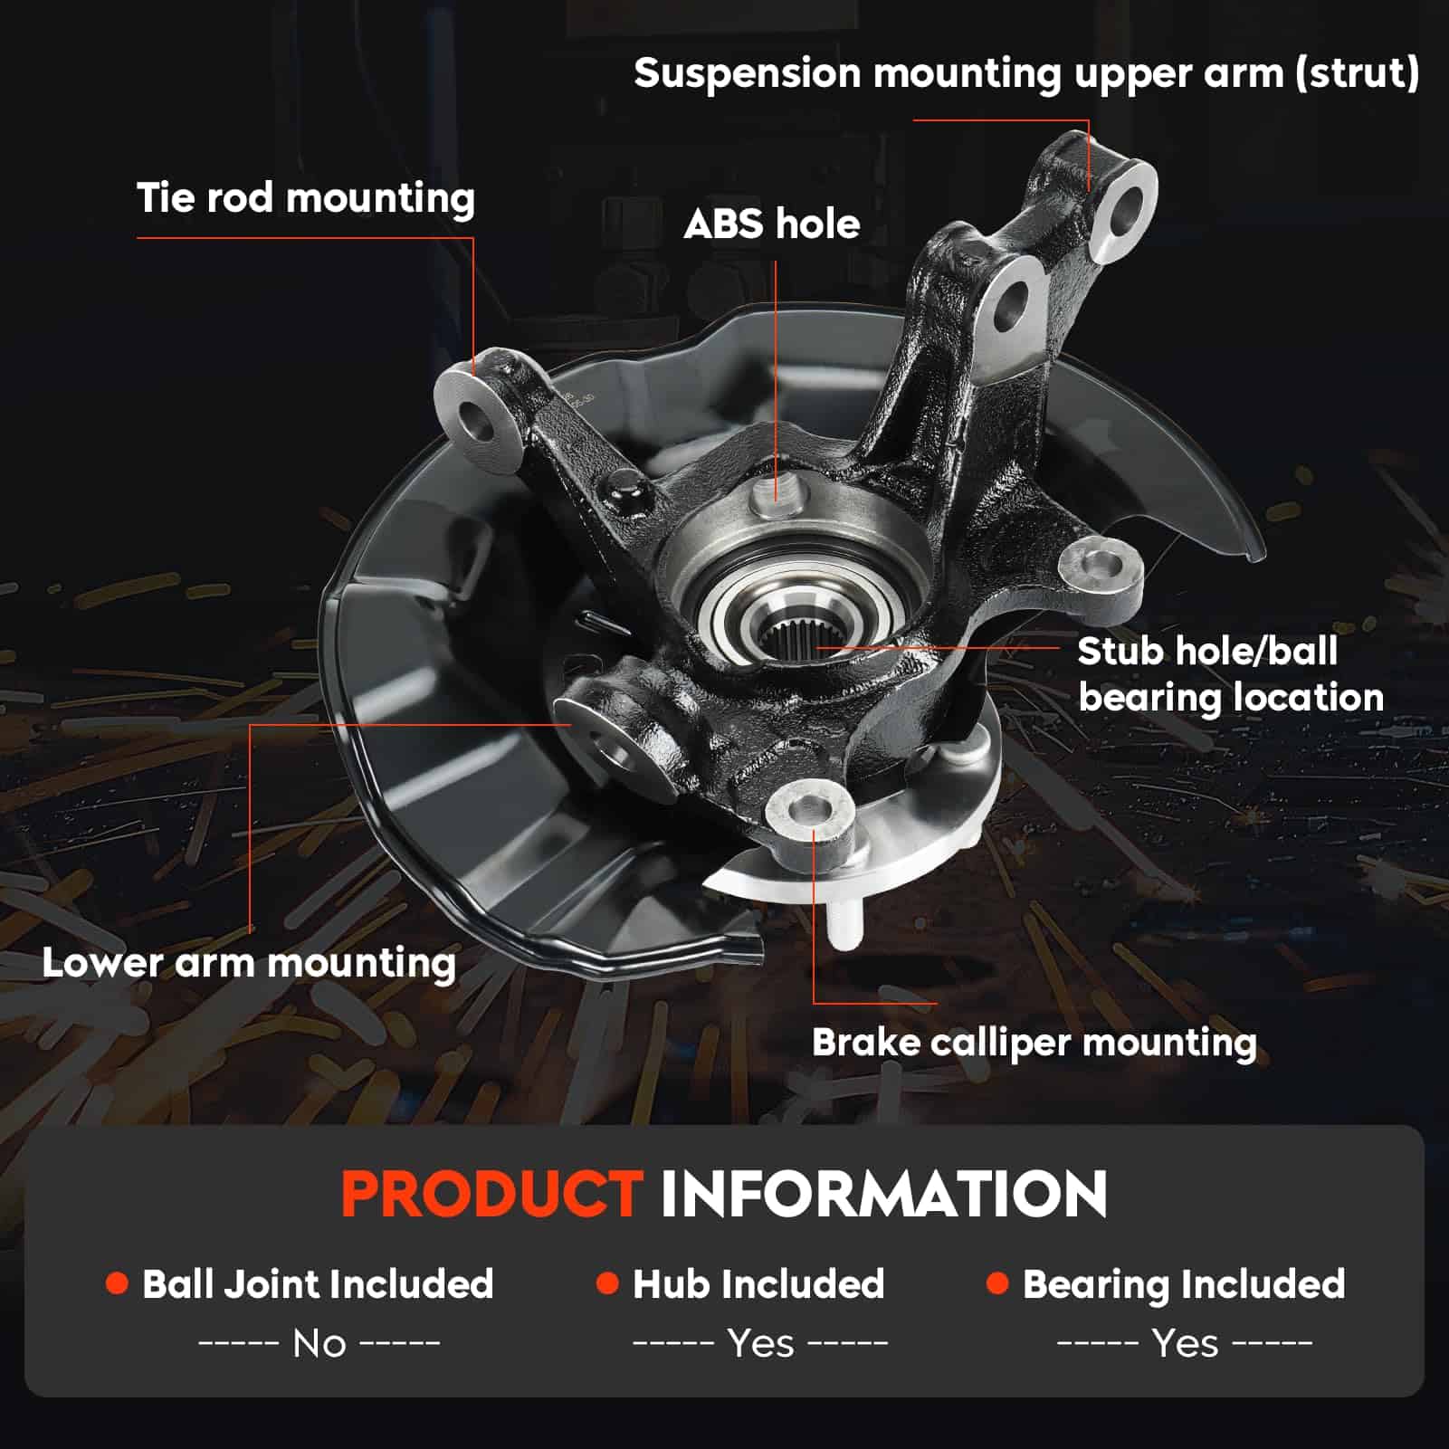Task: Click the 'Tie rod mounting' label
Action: (x=305, y=198)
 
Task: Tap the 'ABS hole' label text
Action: (x=771, y=224)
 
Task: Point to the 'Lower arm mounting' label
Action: (x=248, y=963)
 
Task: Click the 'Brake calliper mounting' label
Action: (x=1034, y=1043)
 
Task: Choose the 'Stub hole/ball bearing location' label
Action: (x=1229, y=674)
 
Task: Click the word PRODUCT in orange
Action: (x=491, y=1194)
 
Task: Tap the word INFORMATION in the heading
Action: (x=883, y=1194)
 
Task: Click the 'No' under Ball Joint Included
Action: (x=319, y=1344)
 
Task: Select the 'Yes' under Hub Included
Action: (x=760, y=1344)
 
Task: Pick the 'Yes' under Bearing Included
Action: (x=1185, y=1344)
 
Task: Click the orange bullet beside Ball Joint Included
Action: (x=117, y=1283)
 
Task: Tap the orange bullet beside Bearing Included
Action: (x=997, y=1283)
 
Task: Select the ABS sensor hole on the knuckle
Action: (x=774, y=492)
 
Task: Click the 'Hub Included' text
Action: (x=758, y=1284)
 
